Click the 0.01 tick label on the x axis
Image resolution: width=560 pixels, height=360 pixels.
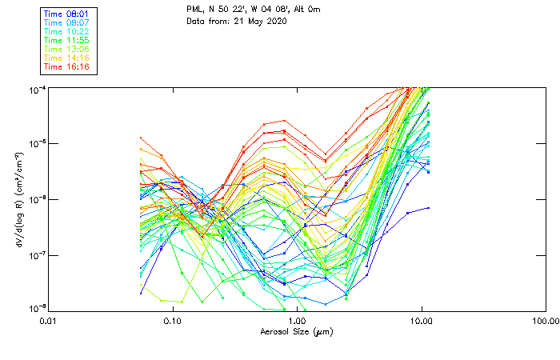(x=48, y=321)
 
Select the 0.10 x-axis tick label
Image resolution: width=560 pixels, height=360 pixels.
(x=173, y=321)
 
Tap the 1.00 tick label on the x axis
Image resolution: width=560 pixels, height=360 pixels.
(x=297, y=321)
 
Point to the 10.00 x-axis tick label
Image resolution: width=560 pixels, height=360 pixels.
(x=422, y=321)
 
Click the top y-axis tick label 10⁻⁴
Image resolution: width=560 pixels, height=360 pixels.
(x=37, y=88)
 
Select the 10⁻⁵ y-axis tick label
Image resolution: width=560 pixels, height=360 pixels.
(x=37, y=144)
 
